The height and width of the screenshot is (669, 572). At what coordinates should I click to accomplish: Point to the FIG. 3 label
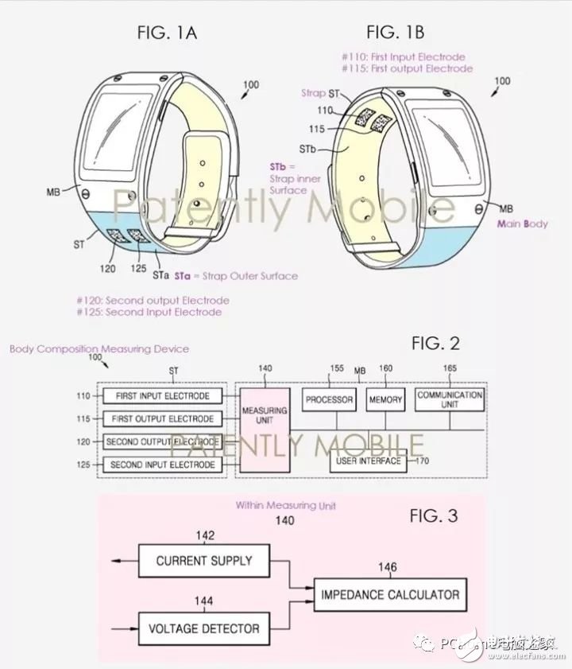pos(433,515)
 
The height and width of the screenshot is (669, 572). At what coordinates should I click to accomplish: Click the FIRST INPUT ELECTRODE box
pos(162,396)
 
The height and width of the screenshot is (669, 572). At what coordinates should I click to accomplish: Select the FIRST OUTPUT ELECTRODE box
pos(162,418)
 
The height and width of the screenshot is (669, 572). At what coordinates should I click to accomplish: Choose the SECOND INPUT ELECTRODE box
pos(162,464)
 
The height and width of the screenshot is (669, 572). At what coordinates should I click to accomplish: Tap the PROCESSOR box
pos(330,399)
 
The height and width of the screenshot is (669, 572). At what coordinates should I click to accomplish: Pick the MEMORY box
pos(385,399)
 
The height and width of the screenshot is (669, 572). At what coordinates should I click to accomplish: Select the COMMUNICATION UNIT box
pos(450,399)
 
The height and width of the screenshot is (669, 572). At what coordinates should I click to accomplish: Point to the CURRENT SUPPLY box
pos(204,560)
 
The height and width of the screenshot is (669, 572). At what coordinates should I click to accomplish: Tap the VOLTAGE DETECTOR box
pos(204,628)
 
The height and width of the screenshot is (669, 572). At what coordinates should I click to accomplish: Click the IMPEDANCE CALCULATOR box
pos(389,594)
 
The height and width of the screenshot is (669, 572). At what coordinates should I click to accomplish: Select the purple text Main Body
pos(522,224)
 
